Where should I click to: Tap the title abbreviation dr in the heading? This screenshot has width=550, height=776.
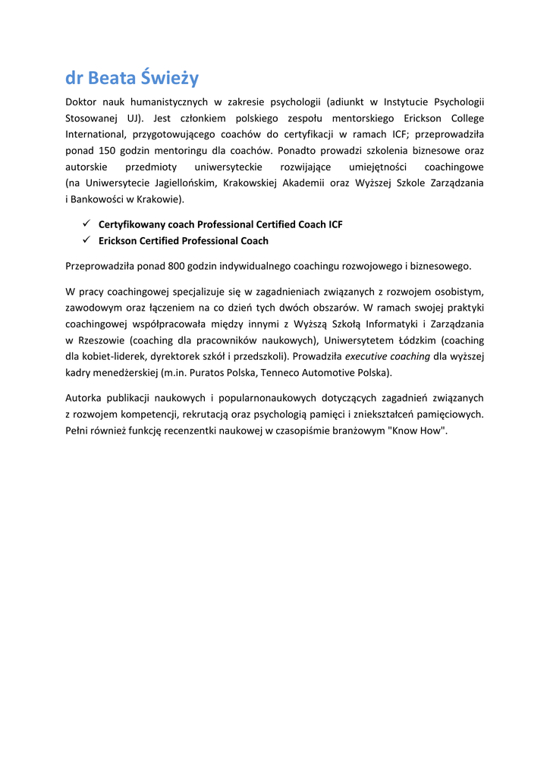74,77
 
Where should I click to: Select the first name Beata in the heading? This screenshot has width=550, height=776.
112,77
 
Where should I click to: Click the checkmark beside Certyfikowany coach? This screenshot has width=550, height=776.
86,224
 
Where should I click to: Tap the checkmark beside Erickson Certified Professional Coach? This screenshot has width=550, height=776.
86,241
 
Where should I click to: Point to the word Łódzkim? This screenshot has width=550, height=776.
418,340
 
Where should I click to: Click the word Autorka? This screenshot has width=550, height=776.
85,398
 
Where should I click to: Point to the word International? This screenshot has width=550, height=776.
94,134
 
